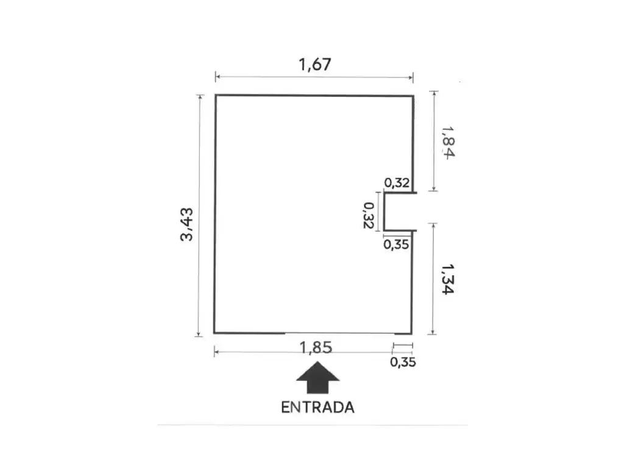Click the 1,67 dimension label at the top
pos(315,65)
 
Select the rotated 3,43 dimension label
pos(186,224)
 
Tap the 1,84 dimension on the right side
pos(448,143)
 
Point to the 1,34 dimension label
pos(448,279)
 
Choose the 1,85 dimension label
pos(316,347)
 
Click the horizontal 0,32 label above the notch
pos(397,183)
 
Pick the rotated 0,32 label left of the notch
pos(369,215)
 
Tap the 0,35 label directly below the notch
pos(396,244)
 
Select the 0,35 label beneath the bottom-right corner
pos(403,362)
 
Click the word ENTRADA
pos(317,408)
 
